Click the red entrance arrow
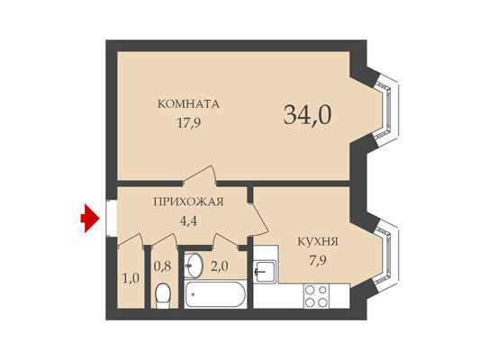[90, 219]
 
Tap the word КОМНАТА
[188, 104]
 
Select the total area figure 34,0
[307, 114]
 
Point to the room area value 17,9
[189, 123]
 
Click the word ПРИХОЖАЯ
[188, 202]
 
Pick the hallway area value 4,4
[188, 220]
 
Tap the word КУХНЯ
[318, 241]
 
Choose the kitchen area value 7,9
[318, 261]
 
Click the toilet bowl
[163, 295]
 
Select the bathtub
[215, 294]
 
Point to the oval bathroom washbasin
[194, 265]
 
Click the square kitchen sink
[266, 271]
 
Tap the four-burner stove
[316, 295]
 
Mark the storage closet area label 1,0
[131, 279]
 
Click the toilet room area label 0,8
[162, 266]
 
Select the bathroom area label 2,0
[219, 266]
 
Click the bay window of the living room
[385, 110]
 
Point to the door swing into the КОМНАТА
[201, 175]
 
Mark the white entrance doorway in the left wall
[112, 219]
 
